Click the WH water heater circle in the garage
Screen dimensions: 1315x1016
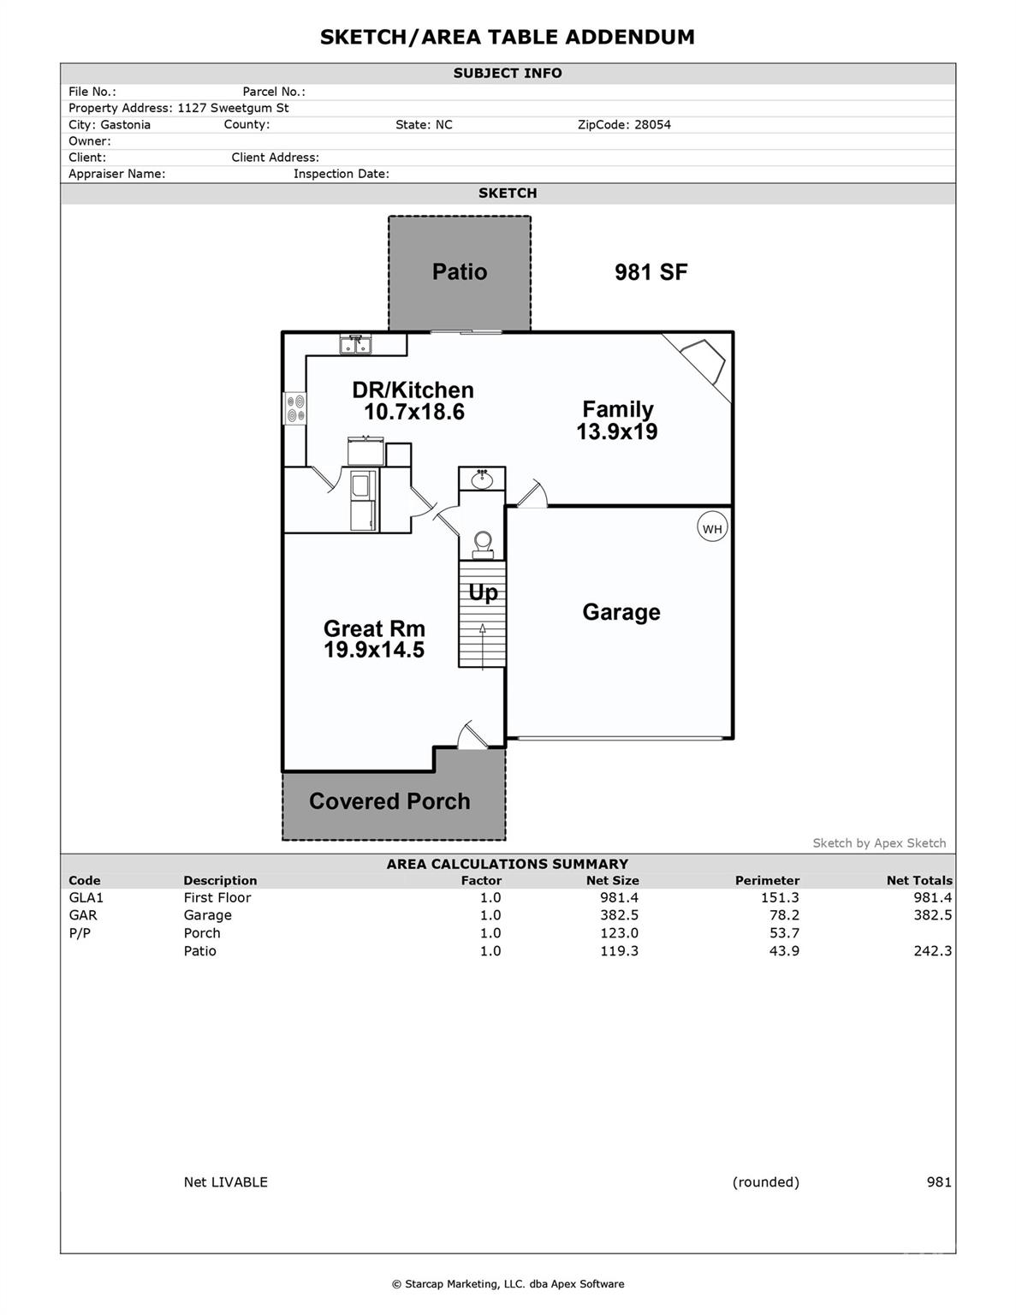(x=712, y=528)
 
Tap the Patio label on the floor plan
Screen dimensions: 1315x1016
(x=460, y=272)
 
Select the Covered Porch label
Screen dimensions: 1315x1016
(x=389, y=801)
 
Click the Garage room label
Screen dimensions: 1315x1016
(x=621, y=612)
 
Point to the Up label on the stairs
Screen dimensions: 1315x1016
(x=483, y=593)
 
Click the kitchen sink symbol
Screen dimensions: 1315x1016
(x=355, y=345)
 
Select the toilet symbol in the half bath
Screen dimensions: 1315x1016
(x=483, y=544)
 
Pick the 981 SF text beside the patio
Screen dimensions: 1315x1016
(x=651, y=272)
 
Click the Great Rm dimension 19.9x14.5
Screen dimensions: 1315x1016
(x=374, y=651)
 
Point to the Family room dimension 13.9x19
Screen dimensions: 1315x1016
(x=617, y=432)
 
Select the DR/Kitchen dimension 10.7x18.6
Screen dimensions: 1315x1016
(x=414, y=413)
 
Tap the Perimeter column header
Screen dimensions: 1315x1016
(x=767, y=880)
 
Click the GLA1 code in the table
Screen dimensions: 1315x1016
(x=86, y=897)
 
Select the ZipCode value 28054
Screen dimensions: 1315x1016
(x=652, y=125)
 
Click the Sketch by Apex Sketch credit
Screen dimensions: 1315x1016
(x=879, y=843)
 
